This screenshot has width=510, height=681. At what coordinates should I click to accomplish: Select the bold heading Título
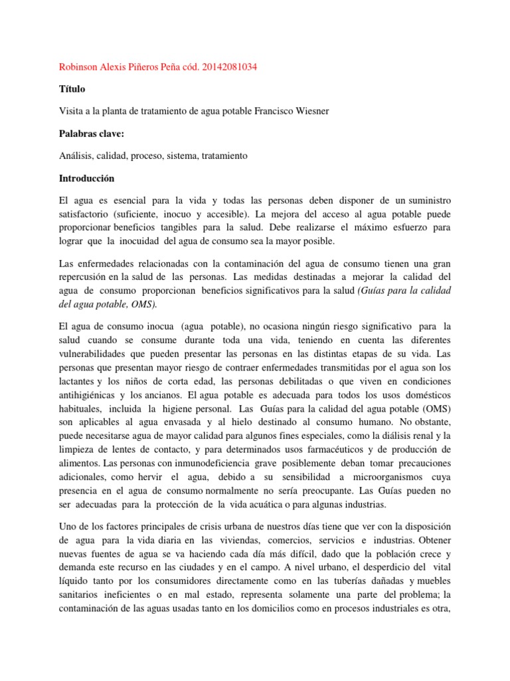(x=72, y=89)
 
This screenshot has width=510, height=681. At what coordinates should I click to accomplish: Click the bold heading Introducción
(x=87, y=178)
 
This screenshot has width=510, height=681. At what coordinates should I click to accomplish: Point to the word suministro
(x=425, y=201)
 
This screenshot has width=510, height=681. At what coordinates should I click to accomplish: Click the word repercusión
(x=90, y=277)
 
